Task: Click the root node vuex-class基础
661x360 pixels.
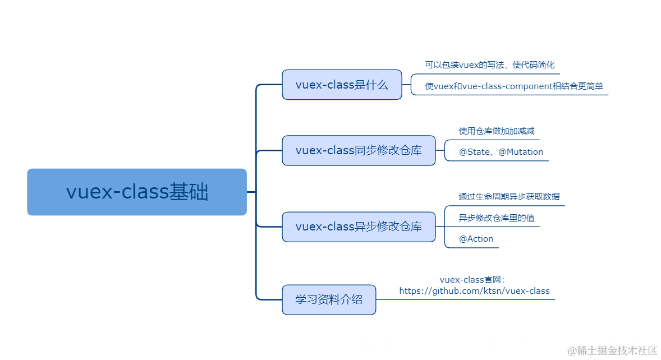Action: pyautogui.click(x=137, y=192)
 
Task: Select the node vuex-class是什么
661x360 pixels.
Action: pyautogui.click(x=342, y=85)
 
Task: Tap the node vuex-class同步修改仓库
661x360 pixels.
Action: pyautogui.click(x=359, y=150)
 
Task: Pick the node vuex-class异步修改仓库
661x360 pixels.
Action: pyautogui.click(x=359, y=227)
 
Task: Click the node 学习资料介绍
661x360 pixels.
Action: pyautogui.click(x=329, y=299)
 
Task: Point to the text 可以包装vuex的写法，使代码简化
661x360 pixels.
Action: pyautogui.click(x=489, y=65)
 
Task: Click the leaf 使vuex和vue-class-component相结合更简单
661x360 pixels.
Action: pyautogui.click(x=514, y=86)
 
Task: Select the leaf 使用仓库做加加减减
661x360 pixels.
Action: pyautogui.click(x=493, y=131)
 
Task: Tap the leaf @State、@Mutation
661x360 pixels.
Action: pyautogui.click(x=501, y=152)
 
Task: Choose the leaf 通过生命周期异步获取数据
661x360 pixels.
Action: pyautogui.click(x=508, y=196)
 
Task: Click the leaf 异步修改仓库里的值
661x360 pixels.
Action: pyautogui.click(x=493, y=218)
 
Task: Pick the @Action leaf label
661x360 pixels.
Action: pyautogui.click(x=476, y=239)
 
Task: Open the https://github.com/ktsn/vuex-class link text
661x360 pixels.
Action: pyautogui.click(x=474, y=291)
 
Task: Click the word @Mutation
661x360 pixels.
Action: pyautogui.click(x=521, y=152)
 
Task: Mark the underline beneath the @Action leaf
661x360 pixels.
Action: pyautogui.click(x=471, y=248)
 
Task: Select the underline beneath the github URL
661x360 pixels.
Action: pyautogui.click(x=474, y=299)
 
